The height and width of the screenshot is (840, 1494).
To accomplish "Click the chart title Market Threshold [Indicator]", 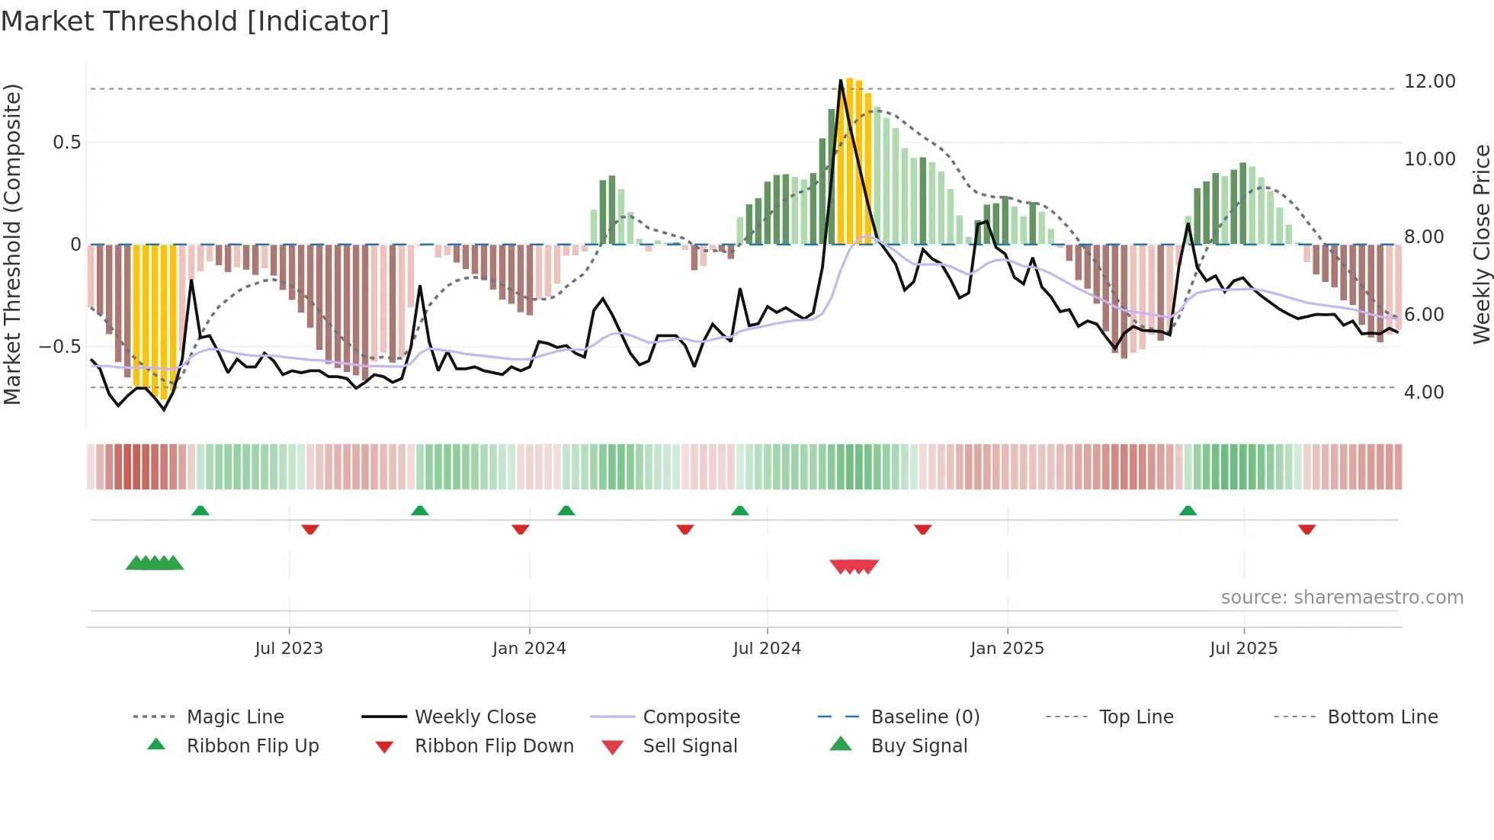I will pyautogui.click(x=195, y=21).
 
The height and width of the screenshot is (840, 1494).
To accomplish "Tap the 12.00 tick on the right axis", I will pyautogui.click(x=1429, y=82).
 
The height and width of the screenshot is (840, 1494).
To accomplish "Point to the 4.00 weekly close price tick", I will pyautogui.click(x=1423, y=393).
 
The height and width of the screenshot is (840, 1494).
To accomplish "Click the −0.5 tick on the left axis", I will pyautogui.click(x=60, y=347).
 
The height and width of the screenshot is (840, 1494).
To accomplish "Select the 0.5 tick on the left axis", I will pyautogui.click(x=66, y=143).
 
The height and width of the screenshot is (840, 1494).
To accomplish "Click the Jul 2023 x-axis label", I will pyautogui.click(x=289, y=649).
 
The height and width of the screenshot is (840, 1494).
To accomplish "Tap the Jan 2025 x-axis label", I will pyautogui.click(x=1007, y=649).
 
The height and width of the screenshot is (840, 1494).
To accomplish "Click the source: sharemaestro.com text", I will pyautogui.click(x=1342, y=598).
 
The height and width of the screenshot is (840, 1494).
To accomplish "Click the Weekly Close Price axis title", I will pyautogui.click(x=1481, y=244).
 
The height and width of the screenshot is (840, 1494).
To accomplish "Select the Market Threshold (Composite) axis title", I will pyautogui.click(x=12, y=244).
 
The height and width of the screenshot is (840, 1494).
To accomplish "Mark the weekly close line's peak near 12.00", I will pyautogui.click(x=841, y=80).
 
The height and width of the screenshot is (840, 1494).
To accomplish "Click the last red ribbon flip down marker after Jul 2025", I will pyautogui.click(x=1306, y=529).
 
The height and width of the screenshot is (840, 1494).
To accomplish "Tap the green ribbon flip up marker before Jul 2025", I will pyautogui.click(x=1188, y=511).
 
